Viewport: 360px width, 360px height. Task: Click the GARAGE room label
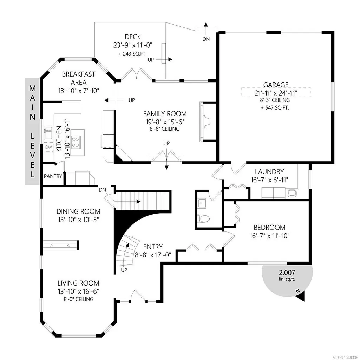tap(275, 85)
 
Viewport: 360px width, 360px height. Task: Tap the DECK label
tap(133, 37)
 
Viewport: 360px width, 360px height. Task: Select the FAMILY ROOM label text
tap(165, 114)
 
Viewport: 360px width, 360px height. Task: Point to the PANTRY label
tap(53, 176)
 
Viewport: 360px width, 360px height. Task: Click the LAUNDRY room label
tap(269, 171)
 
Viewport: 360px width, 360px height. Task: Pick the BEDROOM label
tap(269, 228)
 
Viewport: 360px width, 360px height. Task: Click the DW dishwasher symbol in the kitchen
tap(48, 147)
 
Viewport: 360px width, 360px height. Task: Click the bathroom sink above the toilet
tap(202, 203)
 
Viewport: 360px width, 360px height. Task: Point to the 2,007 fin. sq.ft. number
tap(287, 273)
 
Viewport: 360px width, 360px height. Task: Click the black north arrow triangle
tap(301, 296)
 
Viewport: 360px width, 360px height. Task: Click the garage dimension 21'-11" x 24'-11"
tap(276, 93)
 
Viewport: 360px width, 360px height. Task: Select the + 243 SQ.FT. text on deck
tap(132, 54)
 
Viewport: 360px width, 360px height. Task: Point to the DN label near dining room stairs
tap(103, 190)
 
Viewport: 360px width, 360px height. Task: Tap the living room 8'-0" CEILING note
tap(78, 299)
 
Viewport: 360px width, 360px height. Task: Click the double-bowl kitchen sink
tap(48, 133)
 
